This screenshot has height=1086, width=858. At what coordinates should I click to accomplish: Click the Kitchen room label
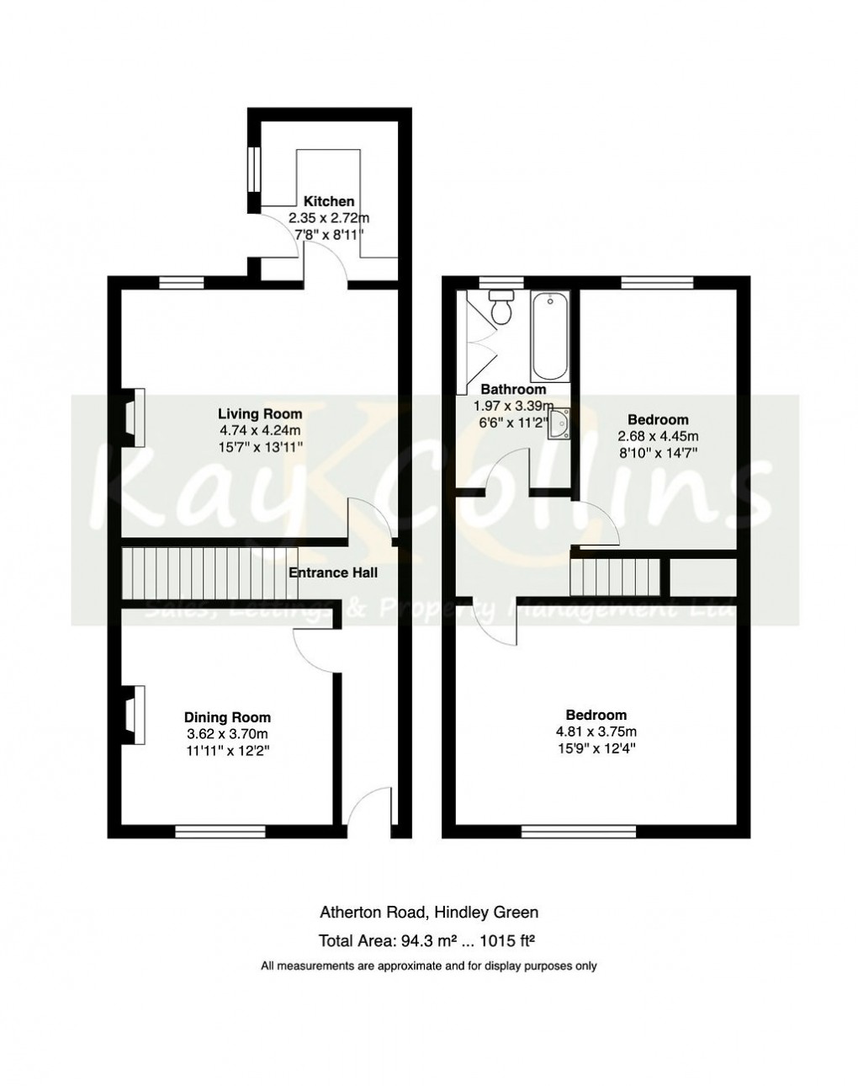tap(329, 201)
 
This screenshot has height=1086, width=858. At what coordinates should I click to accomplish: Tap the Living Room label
tap(260, 413)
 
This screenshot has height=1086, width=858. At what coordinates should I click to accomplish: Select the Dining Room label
tap(227, 717)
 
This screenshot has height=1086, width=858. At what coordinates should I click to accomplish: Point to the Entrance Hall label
tap(333, 572)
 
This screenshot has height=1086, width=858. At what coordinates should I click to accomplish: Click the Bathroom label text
tap(513, 390)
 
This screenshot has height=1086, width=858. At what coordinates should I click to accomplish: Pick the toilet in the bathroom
tap(503, 308)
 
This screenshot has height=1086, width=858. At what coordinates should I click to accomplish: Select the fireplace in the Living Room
tap(133, 417)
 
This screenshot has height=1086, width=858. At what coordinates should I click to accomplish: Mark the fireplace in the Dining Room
tap(133, 715)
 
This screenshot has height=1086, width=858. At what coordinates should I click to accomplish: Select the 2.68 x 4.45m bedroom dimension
tap(658, 436)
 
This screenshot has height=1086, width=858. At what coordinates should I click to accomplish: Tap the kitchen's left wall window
tap(252, 179)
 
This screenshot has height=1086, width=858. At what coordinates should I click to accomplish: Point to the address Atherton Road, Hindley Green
tap(429, 912)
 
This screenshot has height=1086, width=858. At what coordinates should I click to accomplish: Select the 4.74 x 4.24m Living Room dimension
tap(260, 429)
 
